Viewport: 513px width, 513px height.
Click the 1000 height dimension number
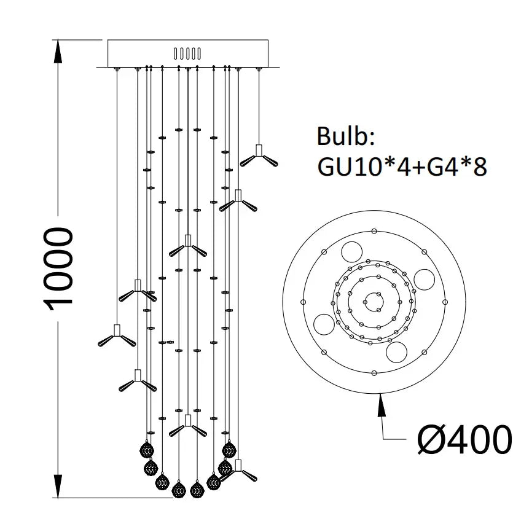coord(60,267)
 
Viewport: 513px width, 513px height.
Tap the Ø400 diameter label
coord(464,438)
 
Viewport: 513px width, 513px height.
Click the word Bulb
coord(345,136)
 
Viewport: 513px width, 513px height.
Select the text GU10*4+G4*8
coord(402,165)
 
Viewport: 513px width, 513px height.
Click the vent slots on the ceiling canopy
coord(187,53)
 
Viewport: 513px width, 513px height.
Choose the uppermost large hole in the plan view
coord(352,251)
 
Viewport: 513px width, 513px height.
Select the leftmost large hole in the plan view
coord(323,323)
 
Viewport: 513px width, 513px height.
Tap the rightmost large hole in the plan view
coord(425,280)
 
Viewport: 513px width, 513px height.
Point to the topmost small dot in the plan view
coord(374,231)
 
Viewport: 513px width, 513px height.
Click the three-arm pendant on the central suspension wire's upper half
coord(187,246)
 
